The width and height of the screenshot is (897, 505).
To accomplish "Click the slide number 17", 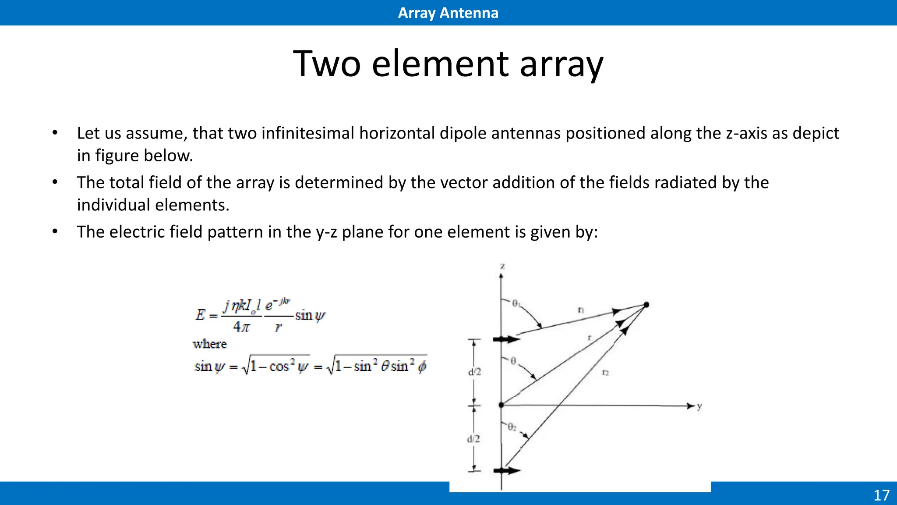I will (881, 495).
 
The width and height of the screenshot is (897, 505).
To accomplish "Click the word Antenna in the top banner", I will (469, 13).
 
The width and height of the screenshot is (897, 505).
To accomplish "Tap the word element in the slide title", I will (440, 64).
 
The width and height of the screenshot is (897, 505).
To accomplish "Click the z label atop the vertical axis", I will (502, 266).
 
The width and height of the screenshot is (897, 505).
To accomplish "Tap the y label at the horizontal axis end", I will (699, 406).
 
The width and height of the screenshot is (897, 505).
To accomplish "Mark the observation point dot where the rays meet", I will (646, 305).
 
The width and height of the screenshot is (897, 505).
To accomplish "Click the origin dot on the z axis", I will (501, 405).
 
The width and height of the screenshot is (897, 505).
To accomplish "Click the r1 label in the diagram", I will (581, 310).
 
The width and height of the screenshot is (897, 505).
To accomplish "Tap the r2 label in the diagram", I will (605, 373).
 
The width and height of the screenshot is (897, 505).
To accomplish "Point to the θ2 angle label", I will (512, 427).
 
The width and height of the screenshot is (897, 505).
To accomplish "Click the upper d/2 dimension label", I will (474, 372).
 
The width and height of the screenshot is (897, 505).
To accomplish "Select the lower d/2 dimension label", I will (473, 439).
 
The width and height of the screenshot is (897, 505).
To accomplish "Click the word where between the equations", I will (210, 344).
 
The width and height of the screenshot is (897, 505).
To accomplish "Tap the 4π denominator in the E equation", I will (241, 327).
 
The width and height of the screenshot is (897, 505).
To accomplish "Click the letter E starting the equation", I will (200, 315).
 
